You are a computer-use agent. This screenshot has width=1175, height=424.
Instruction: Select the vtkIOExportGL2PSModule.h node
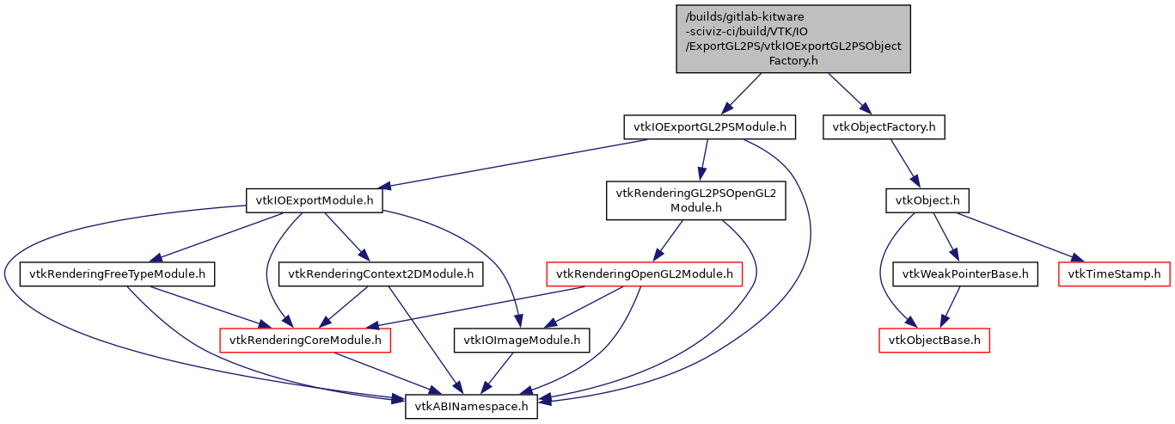[x=709, y=127]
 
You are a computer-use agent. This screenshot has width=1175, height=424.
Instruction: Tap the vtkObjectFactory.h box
[x=884, y=127]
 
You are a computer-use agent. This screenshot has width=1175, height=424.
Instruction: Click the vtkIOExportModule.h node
[x=315, y=201]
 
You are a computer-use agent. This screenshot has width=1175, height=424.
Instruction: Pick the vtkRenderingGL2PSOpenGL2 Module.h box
[x=695, y=200]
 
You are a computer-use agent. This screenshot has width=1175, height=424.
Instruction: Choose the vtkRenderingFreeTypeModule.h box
[x=117, y=274]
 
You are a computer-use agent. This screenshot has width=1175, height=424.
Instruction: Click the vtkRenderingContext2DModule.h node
[x=381, y=274]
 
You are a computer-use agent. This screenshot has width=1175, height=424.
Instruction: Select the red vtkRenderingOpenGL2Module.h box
[x=645, y=274]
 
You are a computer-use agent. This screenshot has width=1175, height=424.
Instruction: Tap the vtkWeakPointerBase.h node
[x=966, y=274]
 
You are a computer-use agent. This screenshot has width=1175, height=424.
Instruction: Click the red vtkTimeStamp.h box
[x=1115, y=274]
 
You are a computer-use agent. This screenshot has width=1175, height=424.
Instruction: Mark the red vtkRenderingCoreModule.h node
[x=306, y=341]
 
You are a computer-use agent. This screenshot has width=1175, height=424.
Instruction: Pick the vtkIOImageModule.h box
[x=522, y=341]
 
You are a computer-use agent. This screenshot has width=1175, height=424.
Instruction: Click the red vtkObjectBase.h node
[x=934, y=341]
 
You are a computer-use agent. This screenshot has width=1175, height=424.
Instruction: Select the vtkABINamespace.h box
[x=472, y=406]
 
